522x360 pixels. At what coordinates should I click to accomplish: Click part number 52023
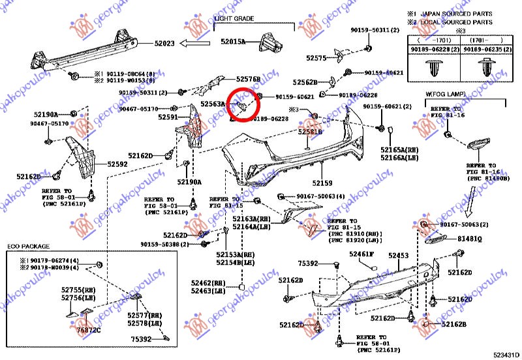[164, 44]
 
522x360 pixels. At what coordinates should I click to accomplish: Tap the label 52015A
[232, 42]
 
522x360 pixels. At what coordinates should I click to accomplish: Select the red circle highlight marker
[241, 104]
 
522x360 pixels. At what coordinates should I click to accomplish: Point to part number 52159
[322, 183]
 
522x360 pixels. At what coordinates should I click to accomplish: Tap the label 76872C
[90, 331]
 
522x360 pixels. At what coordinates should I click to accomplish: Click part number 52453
[399, 256]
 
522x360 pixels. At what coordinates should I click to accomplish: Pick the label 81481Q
[469, 239]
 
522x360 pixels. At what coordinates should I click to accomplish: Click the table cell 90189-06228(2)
[433, 49]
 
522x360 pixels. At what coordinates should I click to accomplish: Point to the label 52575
[316, 58]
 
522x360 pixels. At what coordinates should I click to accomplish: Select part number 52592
[117, 165]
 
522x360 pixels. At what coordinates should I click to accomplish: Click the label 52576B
[248, 79]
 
